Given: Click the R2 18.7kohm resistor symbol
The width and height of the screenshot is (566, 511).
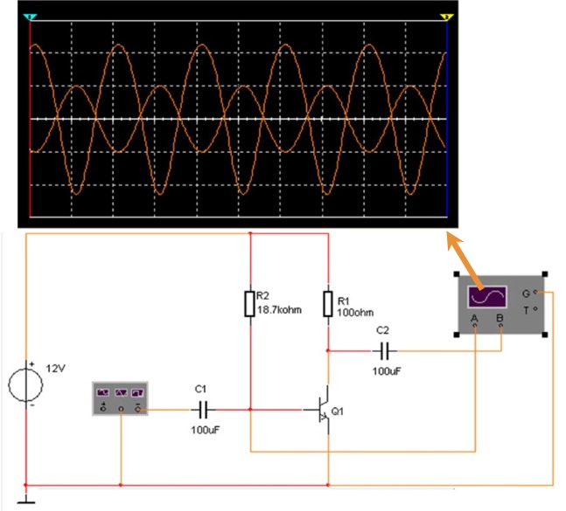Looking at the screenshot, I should (x=250, y=304).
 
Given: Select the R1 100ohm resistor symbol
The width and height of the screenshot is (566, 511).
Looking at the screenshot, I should (x=327, y=304).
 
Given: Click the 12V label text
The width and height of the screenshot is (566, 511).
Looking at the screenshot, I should (x=54, y=369).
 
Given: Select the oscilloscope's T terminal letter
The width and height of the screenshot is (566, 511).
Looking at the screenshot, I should (x=525, y=310).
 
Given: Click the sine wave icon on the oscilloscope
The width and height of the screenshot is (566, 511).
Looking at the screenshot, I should (x=486, y=295).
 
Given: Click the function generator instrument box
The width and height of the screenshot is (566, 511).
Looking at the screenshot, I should (x=120, y=398).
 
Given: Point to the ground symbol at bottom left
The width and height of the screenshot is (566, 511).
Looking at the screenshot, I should (x=26, y=500).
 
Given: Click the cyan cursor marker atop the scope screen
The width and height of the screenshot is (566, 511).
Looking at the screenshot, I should (x=31, y=17).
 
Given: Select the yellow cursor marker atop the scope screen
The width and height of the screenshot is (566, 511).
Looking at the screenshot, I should (x=447, y=17).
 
